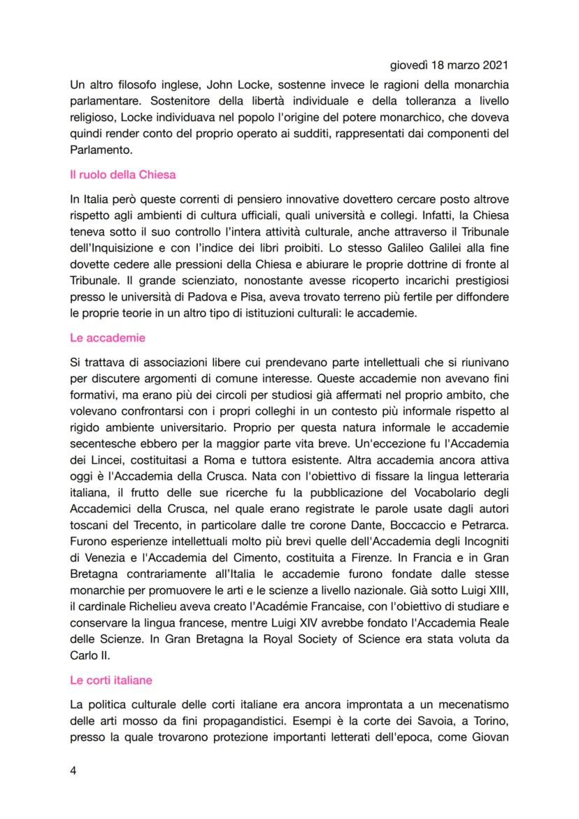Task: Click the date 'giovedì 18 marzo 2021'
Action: click(x=447, y=66)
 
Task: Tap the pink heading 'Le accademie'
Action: click(x=107, y=338)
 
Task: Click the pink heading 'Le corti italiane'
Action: click(x=110, y=679)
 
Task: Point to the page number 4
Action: click(x=73, y=770)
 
